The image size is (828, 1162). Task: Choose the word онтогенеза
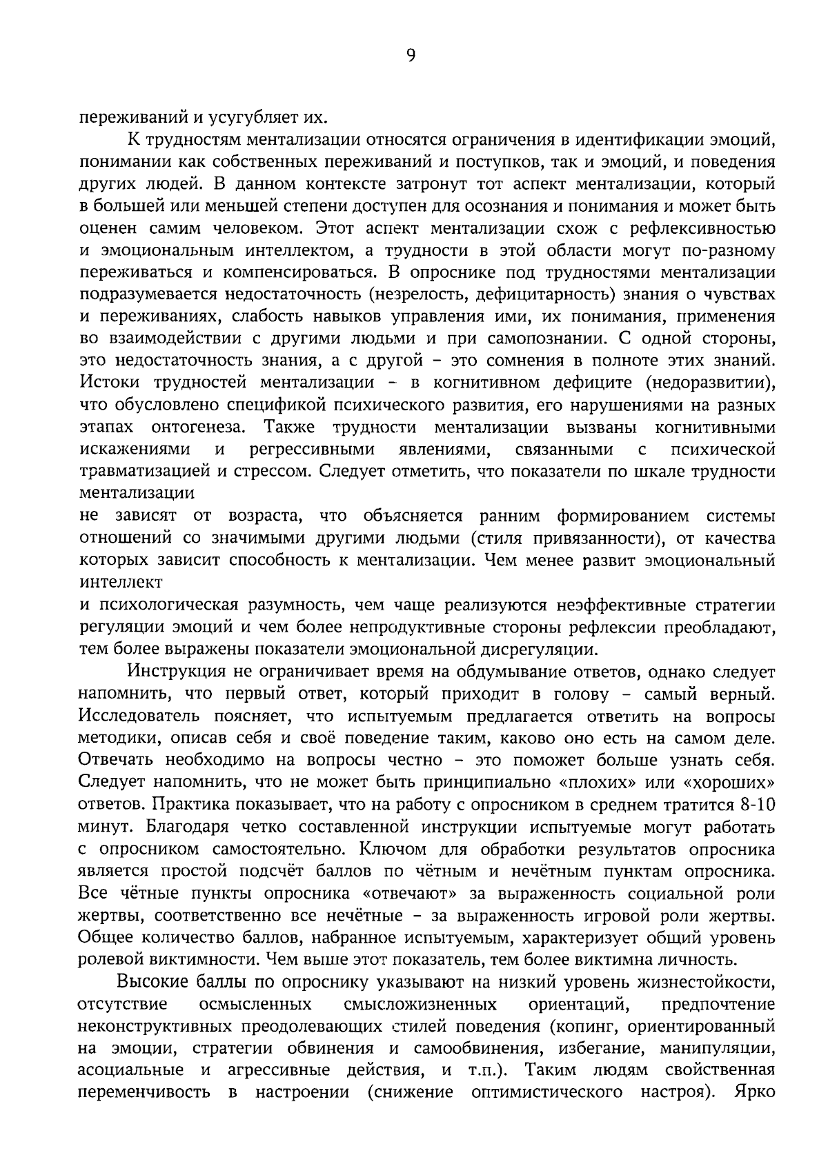[199, 427]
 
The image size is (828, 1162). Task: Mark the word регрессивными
[312, 450]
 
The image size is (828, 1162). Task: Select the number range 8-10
[757, 804]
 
